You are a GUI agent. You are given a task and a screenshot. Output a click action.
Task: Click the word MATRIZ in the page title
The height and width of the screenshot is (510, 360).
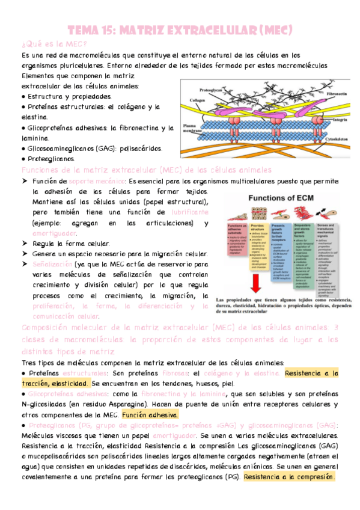coord(148,29)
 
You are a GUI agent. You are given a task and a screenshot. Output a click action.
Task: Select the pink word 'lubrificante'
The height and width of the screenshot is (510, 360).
coord(189,212)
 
